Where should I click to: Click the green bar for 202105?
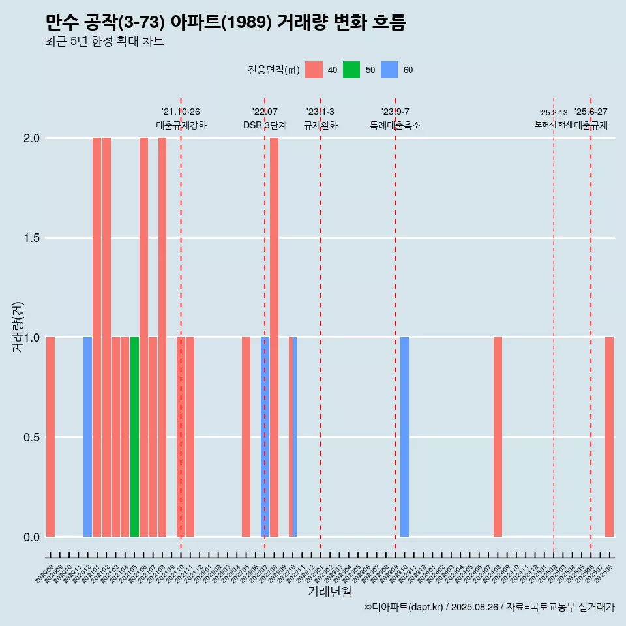click(x=134, y=437)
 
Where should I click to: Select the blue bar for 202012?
click(x=87, y=437)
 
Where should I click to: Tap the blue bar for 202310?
click(x=404, y=437)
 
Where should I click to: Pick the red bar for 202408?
click(x=498, y=437)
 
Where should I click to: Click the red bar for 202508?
click(x=609, y=437)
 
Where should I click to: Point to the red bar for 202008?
click(x=50, y=437)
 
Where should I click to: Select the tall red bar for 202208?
click(x=274, y=337)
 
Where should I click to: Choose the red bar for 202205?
click(x=246, y=437)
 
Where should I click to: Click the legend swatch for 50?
click(x=351, y=70)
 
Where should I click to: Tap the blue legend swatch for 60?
click(x=389, y=70)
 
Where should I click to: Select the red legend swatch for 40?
click(x=314, y=70)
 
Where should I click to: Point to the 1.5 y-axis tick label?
click(x=32, y=238)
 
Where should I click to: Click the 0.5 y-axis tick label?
click(x=32, y=437)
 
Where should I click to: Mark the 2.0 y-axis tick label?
click(x=32, y=138)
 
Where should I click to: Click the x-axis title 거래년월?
click(x=329, y=592)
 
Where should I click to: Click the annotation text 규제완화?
click(x=321, y=125)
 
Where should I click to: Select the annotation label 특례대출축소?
click(x=395, y=125)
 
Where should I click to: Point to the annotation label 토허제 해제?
click(x=553, y=124)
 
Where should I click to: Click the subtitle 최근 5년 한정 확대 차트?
click(x=104, y=42)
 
